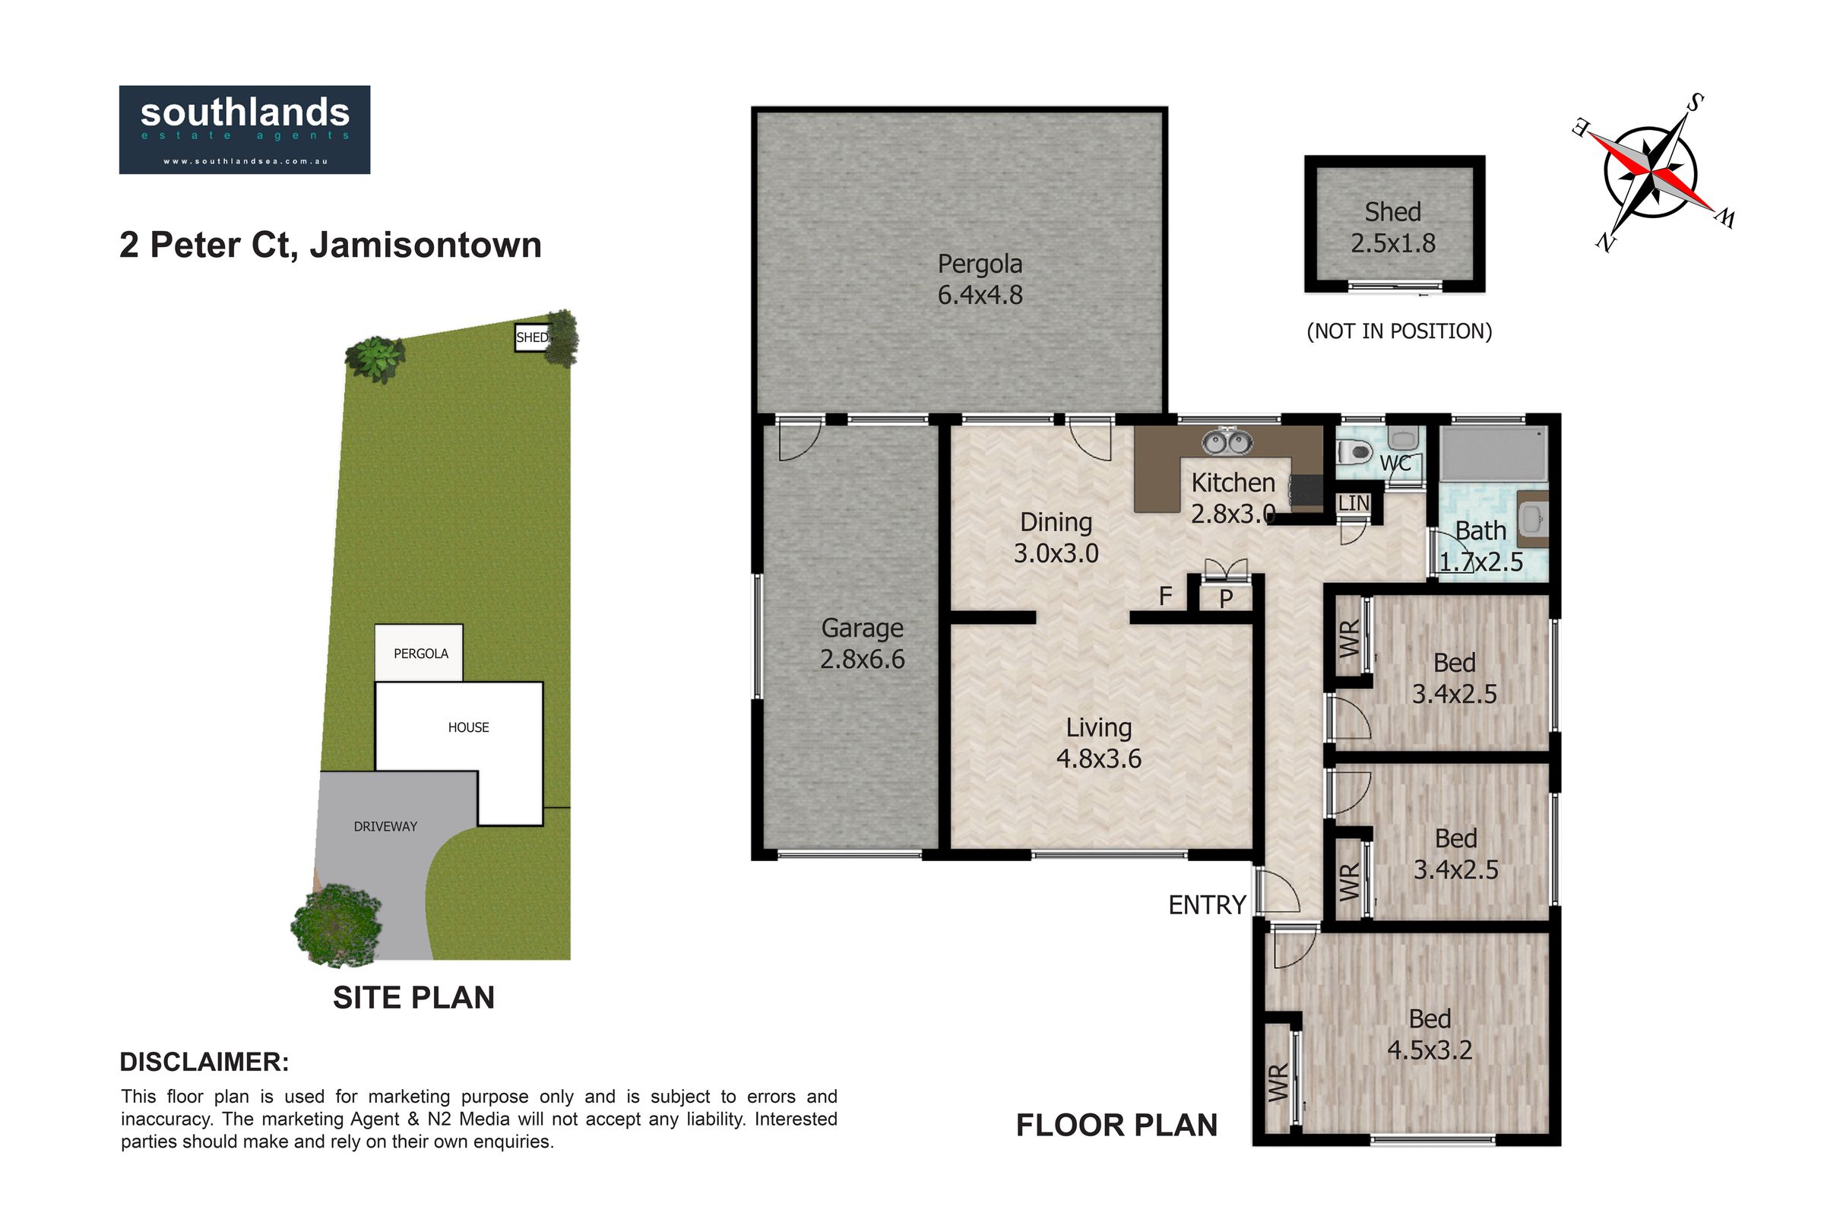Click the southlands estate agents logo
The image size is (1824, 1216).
(244, 129)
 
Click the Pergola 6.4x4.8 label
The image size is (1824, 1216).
(980, 279)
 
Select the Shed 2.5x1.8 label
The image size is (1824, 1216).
(1393, 227)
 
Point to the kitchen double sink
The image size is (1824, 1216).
(1227, 443)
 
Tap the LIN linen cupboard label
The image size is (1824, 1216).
(1354, 503)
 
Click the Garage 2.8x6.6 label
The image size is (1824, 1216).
(863, 643)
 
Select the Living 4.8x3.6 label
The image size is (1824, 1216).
(1099, 743)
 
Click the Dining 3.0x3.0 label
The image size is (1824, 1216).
(1056, 537)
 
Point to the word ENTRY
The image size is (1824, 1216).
(1208, 905)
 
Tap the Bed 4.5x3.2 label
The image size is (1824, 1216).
(1430, 1034)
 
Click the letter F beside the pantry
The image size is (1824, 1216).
(1165, 597)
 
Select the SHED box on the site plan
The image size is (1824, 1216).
(533, 337)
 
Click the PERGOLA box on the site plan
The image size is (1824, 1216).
(420, 653)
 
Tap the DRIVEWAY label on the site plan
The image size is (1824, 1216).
(385, 827)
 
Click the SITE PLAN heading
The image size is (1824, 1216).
(414, 998)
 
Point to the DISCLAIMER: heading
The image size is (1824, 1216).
(204, 1062)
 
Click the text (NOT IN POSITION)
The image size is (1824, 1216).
(1399, 331)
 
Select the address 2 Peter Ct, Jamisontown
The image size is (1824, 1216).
(331, 245)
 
